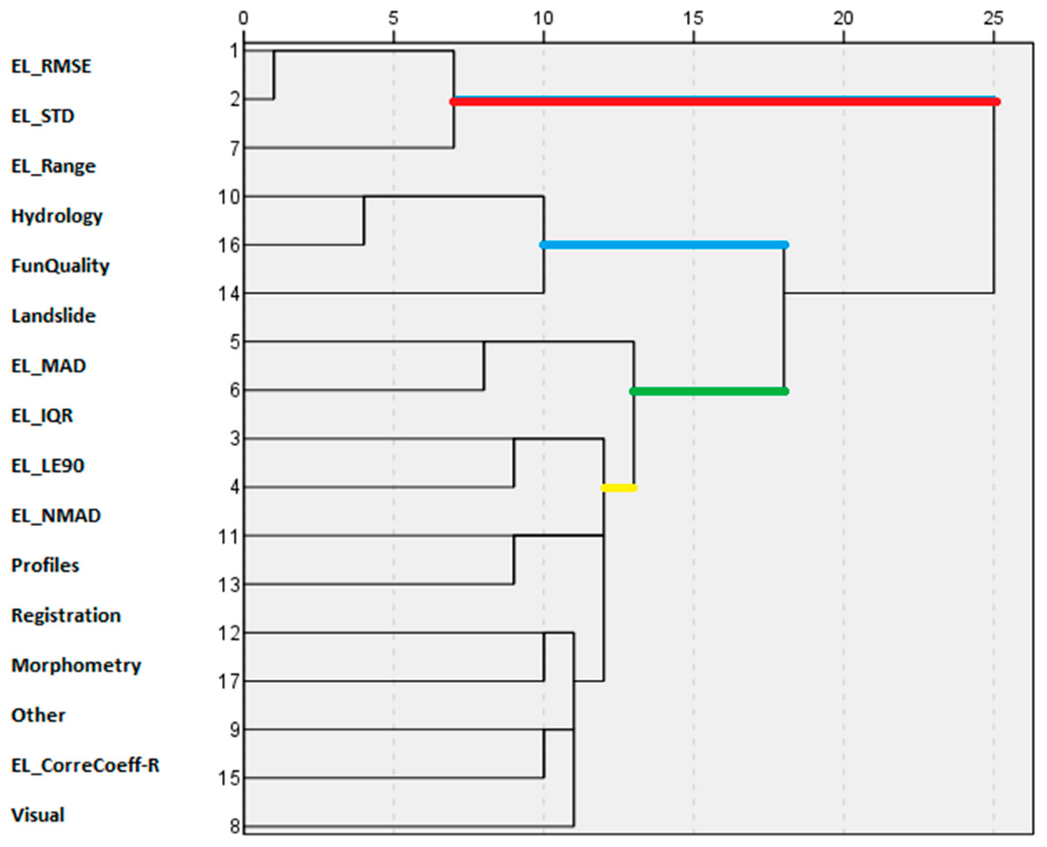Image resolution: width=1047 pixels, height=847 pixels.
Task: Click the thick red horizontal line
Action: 723,102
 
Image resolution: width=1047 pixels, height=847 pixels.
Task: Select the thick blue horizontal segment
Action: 664,245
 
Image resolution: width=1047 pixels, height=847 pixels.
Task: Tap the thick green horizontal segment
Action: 709,392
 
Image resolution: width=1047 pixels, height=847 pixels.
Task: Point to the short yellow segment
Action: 619,488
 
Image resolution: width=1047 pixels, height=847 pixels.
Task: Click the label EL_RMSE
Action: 51,66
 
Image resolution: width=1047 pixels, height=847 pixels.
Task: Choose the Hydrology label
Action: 57,216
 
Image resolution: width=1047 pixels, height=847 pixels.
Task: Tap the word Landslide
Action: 54,316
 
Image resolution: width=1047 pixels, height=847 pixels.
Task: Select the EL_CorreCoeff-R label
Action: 85,765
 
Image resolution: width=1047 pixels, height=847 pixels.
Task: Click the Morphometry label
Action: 76,666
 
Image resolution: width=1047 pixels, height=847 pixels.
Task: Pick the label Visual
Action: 38,815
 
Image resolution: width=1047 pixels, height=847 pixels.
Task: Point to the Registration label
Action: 66,616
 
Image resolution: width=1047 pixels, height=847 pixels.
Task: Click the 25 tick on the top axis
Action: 993,18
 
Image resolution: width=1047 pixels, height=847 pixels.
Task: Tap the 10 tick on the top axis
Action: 543,18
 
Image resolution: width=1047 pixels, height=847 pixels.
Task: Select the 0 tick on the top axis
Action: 244,18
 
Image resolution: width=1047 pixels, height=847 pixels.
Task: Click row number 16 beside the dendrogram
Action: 229,246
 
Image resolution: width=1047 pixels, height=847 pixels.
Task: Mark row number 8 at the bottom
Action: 234,826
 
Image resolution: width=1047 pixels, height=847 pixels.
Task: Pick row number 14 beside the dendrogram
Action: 229,294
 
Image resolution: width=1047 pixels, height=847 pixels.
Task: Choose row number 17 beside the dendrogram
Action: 229,682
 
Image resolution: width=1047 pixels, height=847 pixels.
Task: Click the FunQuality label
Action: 60,266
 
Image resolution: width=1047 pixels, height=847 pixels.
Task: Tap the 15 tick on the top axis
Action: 693,18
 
